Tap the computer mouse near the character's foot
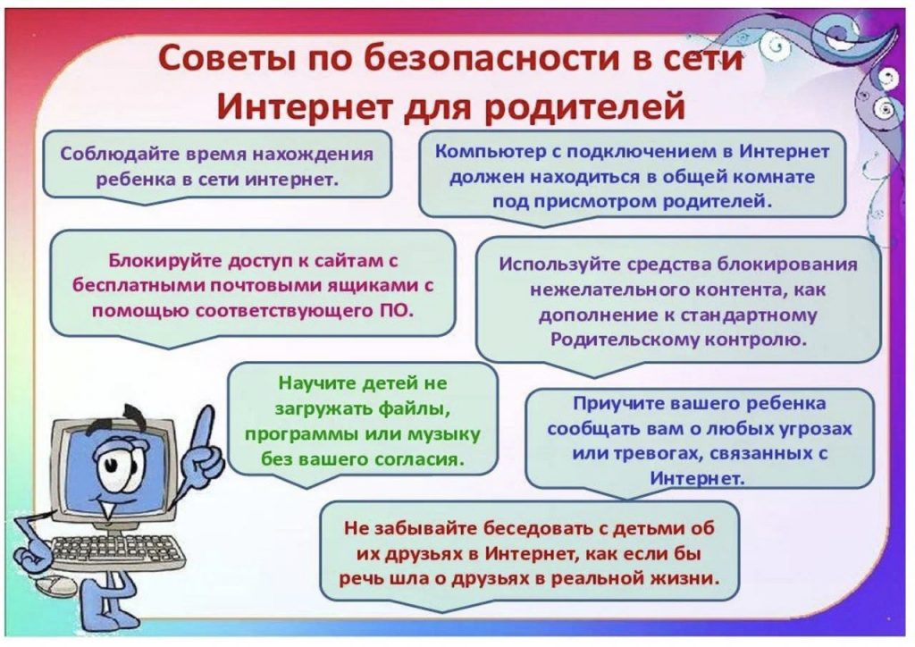(55, 584)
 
